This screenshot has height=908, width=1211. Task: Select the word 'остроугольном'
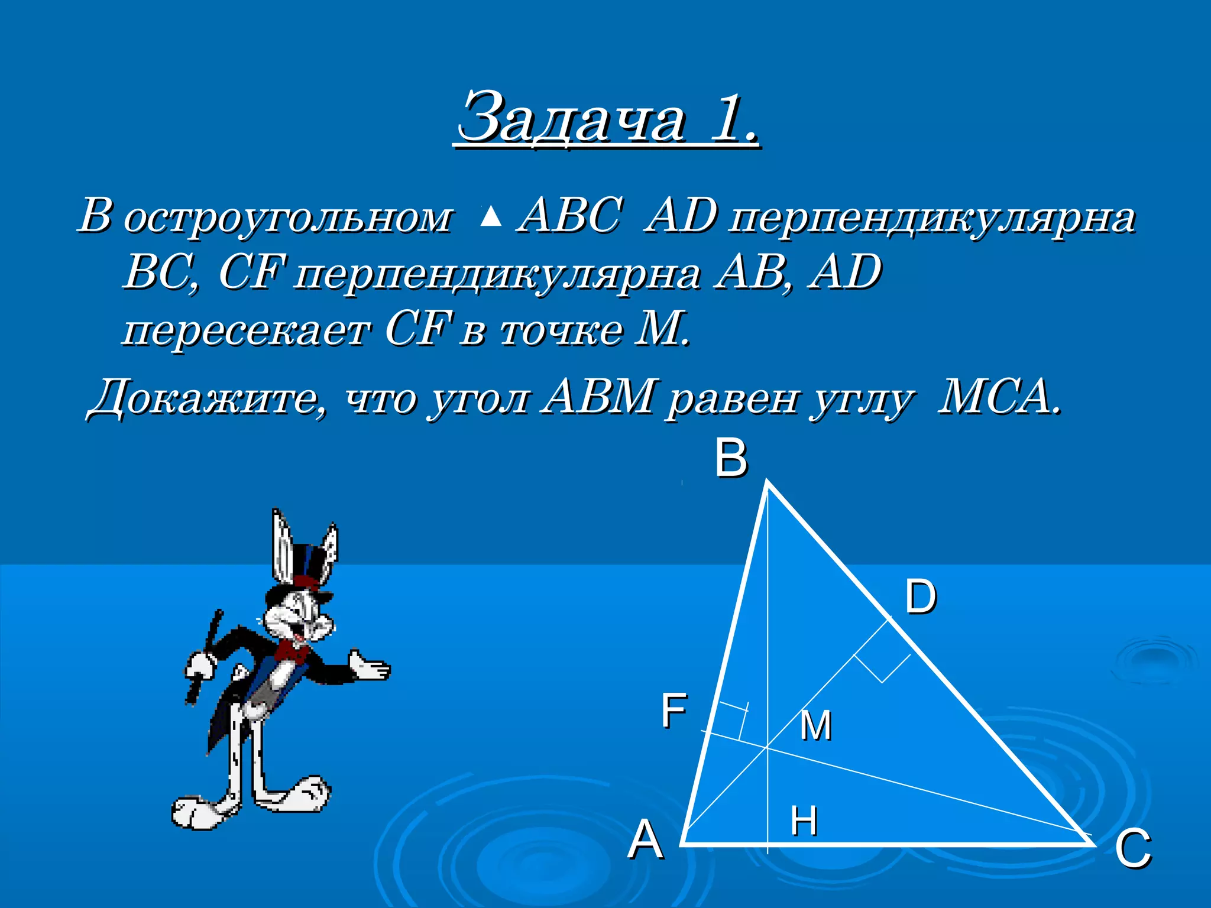click(288, 218)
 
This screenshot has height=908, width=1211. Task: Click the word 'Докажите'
click(207, 398)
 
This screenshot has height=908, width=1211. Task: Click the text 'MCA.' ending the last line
click(999, 397)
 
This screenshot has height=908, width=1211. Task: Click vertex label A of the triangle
click(645, 840)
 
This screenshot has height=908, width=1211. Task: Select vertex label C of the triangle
click(1133, 848)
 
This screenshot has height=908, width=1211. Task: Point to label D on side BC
click(921, 596)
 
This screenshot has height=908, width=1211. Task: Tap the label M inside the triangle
click(815, 725)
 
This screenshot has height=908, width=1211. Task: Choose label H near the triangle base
click(804, 821)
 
